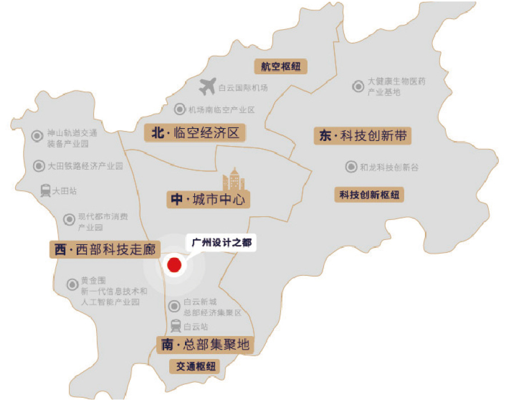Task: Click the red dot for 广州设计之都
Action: coord(174,265)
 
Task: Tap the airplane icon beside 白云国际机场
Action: coord(207,87)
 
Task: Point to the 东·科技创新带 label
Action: coord(363,135)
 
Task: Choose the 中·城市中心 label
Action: coord(208,199)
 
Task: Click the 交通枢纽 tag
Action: coord(195,366)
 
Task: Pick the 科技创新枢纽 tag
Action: coord(369,195)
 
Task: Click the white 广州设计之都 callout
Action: coord(222,243)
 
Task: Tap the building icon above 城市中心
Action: coord(233,179)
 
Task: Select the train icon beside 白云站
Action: coord(176,326)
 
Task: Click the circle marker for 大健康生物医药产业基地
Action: coord(358,86)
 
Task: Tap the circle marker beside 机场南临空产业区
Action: coord(180,110)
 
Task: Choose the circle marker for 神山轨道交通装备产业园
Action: coord(37,135)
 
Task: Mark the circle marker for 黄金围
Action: coord(71,285)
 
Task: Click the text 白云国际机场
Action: coord(243,88)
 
